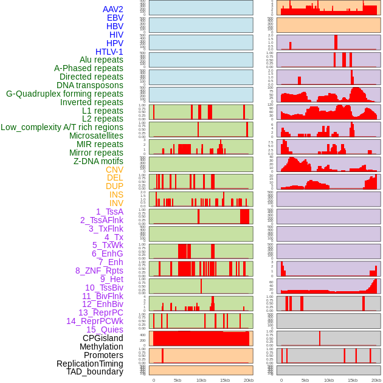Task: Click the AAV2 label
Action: (113, 9)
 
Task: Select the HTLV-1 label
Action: (109, 52)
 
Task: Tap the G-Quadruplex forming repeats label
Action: (64, 94)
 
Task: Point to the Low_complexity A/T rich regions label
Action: (62, 127)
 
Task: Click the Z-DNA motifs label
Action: (98, 161)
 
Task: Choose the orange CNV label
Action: (114, 170)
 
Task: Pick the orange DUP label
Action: (114, 186)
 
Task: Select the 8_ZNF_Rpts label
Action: (99, 271)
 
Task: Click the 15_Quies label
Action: (105, 330)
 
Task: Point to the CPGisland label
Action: (103, 338)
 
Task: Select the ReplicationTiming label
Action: (89, 364)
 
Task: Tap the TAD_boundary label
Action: (95, 371)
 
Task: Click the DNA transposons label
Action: (90, 85)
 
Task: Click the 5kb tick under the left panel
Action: (178, 380)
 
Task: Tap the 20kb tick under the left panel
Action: (248, 380)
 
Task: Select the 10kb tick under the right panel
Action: (328, 380)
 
